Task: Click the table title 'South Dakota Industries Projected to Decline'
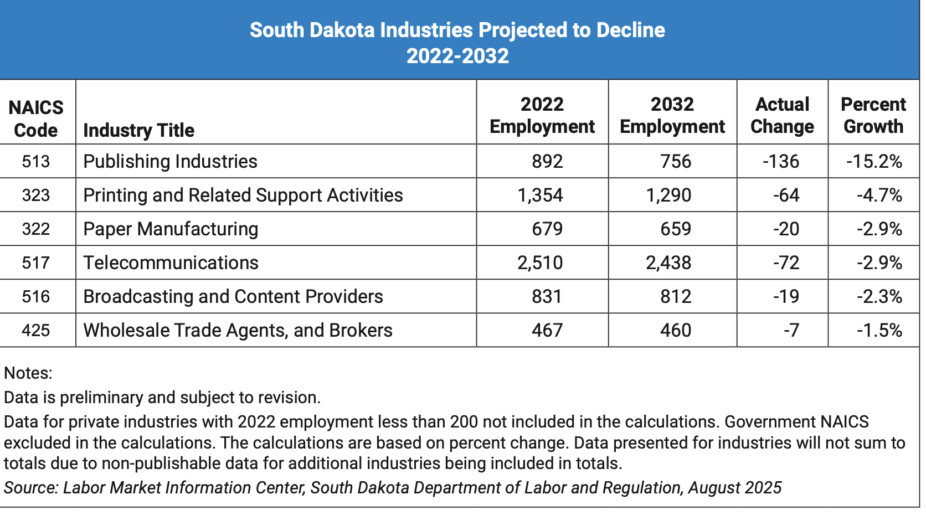tap(457, 30)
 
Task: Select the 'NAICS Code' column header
tap(36, 119)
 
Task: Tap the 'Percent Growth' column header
tap(873, 115)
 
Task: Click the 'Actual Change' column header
tap(782, 115)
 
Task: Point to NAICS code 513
tap(36, 161)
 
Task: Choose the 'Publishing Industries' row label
tap(170, 161)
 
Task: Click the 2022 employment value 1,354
tap(540, 195)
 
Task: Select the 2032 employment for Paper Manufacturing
tap(676, 229)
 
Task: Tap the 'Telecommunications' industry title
tap(171, 262)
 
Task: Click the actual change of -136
tap(781, 161)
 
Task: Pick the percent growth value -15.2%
tap(874, 161)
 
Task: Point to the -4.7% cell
tap(879, 195)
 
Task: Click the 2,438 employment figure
tap(668, 262)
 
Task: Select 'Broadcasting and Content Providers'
tap(233, 296)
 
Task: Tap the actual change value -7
tap(791, 330)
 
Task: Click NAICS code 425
tap(36, 330)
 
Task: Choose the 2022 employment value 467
tap(547, 330)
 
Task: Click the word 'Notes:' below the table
tap(28, 373)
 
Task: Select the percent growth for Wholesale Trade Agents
tap(879, 330)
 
